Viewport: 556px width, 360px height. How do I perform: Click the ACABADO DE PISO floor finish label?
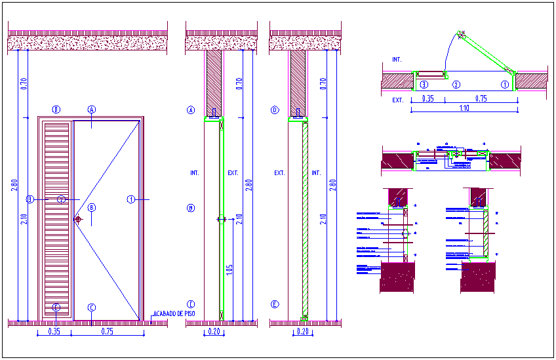point(174,313)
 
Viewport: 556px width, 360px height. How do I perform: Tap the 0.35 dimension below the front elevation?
point(55,332)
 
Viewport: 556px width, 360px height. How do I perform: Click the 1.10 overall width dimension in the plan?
point(463,108)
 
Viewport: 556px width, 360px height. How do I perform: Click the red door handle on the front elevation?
point(78,220)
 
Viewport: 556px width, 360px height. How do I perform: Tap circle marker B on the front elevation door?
point(92,208)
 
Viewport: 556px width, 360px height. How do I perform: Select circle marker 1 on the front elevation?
point(131,199)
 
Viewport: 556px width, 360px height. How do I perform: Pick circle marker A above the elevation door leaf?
point(92,110)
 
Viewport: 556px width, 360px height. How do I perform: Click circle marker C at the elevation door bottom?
point(92,308)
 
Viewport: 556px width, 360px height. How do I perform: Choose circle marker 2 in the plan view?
point(457,85)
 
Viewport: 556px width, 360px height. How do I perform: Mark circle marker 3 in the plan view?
point(424,85)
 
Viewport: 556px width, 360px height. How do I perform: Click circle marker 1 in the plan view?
point(504,85)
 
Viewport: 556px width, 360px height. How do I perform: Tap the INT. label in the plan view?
point(397,60)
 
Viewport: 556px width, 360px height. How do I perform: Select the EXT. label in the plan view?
point(397,100)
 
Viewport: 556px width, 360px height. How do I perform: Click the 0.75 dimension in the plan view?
point(481,98)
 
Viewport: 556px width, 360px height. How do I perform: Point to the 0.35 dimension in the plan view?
point(427,98)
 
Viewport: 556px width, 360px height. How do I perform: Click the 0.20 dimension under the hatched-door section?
point(302,332)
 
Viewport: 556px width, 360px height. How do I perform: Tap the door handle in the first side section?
point(221,220)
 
